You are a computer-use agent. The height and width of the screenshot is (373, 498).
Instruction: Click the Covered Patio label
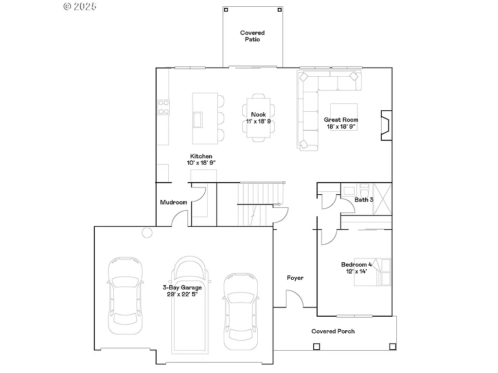click(252, 36)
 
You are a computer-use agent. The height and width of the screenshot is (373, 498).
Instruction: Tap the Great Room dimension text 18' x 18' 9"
click(341, 127)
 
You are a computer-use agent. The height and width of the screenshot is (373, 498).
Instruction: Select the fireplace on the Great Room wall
click(386, 125)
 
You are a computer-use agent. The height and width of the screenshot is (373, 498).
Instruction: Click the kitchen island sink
click(198, 119)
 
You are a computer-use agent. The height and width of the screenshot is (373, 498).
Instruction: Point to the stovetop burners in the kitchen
click(163, 107)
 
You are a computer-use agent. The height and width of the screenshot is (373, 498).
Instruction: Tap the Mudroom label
click(174, 202)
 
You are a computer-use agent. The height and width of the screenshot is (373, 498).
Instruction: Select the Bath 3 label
click(364, 200)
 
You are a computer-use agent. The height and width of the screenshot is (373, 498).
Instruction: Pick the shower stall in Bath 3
click(382, 199)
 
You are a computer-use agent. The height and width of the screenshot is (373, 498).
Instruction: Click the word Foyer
click(295, 278)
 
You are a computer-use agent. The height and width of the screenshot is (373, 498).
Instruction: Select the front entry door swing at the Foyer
click(295, 299)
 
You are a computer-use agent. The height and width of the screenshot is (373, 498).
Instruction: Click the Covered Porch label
click(333, 331)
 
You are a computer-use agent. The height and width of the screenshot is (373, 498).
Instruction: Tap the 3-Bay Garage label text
click(182, 288)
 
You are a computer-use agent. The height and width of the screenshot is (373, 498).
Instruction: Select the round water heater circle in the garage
click(147, 232)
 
